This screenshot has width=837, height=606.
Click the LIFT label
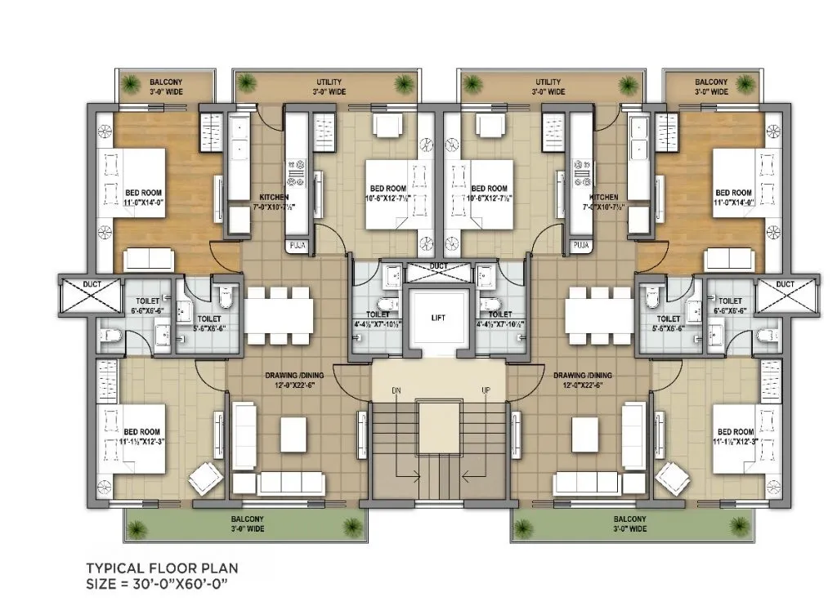tap(438, 318)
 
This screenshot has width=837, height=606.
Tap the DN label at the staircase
tap(396, 390)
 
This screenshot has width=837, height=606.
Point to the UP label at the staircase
tap(486, 390)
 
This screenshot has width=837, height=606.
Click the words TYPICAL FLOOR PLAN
tap(163, 568)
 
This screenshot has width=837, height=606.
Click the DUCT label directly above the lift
tap(438, 265)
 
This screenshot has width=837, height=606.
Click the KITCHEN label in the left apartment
tap(274, 198)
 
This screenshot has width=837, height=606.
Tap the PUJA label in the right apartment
tap(581, 245)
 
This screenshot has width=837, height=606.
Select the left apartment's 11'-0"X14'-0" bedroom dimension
tap(143, 203)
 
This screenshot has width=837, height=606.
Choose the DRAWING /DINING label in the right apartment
tap(583, 375)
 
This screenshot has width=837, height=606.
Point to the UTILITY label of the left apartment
tap(329, 82)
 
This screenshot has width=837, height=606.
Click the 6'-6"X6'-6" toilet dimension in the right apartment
tap(730, 310)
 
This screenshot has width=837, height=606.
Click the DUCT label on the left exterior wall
tap(92, 284)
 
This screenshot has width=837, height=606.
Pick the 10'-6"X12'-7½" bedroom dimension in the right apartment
tap(489, 198)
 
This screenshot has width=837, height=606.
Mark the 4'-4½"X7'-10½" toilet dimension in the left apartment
tap(378, 324)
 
